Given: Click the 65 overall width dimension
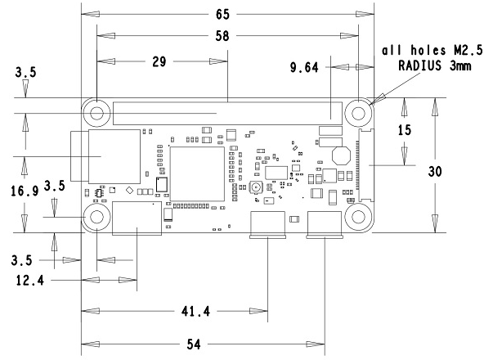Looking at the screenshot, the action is click(x=222, y=14).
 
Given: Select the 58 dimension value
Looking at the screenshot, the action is click(x=222, y=36).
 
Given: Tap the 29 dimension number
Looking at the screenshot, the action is click(x=159, y=61).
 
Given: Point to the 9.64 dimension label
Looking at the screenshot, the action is click(x=304, y=67).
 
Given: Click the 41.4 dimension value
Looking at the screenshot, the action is click(x=195, y=311).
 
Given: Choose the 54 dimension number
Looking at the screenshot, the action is click(x=194, y=344).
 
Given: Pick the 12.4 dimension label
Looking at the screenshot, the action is click(x=30, y=281).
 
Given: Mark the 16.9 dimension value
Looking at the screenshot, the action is click(x=25, y=191).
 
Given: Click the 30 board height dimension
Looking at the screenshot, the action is click(x=435, y=171).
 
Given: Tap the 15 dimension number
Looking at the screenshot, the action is click(x=405, y=130).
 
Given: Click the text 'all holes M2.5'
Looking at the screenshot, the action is click(x=432, y=50).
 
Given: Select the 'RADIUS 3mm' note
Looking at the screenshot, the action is click(x=435, y=65).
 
